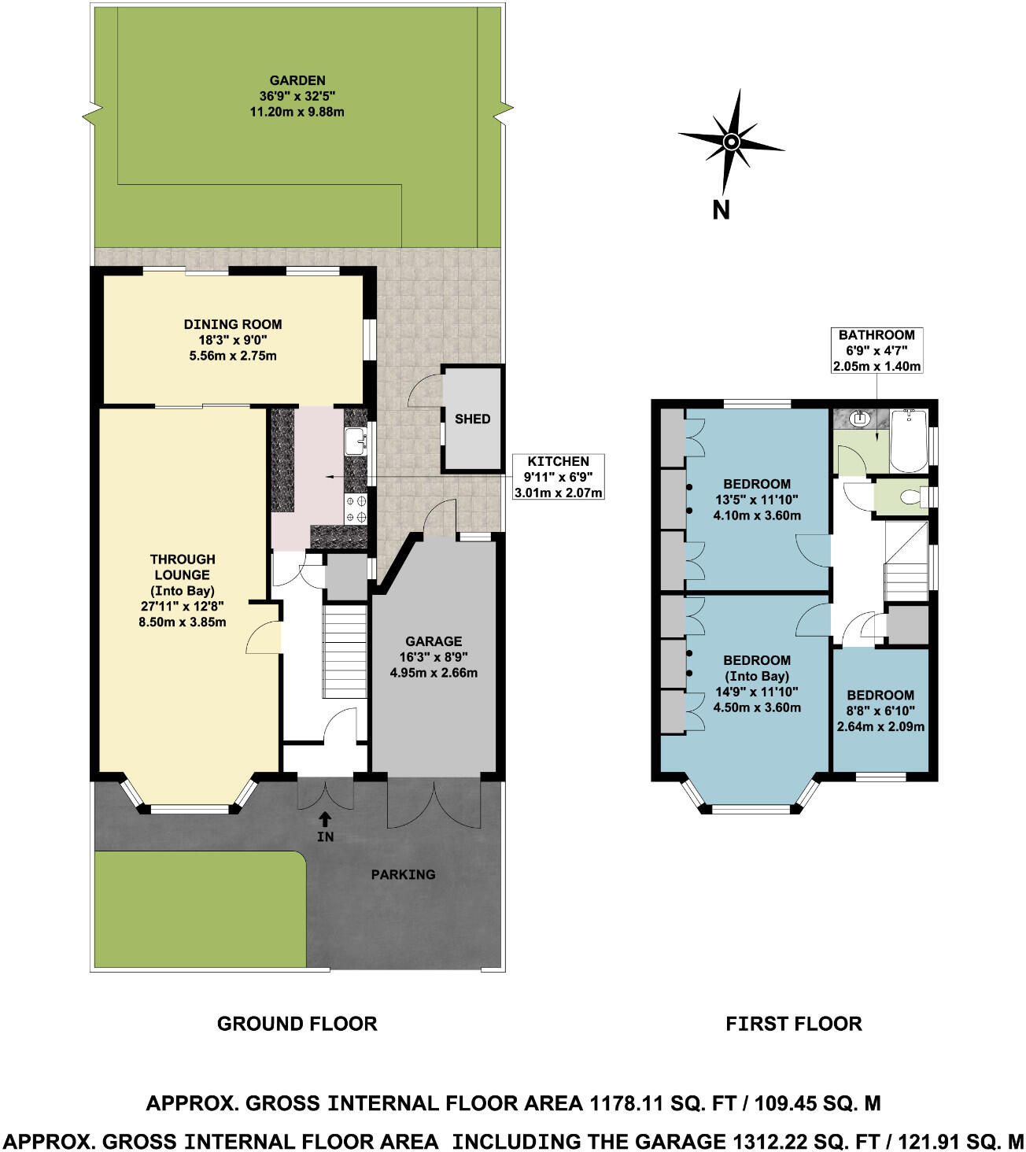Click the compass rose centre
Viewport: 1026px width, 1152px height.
732,142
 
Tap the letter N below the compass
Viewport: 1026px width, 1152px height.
721,210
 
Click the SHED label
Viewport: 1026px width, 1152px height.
472,419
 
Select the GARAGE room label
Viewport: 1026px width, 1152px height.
434,641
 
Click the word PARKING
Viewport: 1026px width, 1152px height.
403,874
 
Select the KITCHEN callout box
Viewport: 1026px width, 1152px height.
558,477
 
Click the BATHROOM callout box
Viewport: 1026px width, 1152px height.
877,350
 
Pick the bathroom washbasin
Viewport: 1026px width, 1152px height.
860,419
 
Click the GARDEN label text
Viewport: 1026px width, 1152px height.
297,80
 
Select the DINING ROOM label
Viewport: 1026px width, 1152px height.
233,324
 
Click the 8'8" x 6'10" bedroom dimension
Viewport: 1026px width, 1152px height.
880,711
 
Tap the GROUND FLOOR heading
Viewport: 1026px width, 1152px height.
297,1024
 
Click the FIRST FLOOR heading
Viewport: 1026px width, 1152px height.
793,1024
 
